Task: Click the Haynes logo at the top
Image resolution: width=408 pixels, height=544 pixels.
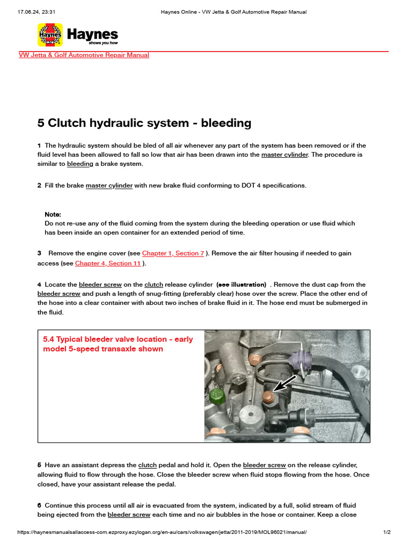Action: pyautogui.click(x=78, y=35)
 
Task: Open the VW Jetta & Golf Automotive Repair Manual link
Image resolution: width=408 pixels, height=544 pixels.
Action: pyautogui.click(x=84, y=55)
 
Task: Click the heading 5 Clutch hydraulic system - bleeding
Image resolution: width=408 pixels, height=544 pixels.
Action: pyautogui.click(x=144, y=123)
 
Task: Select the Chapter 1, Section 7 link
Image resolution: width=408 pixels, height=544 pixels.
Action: pyautogui.click(x=173, y=254)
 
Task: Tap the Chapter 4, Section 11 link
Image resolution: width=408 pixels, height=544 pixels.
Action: pyautogui.click(x=108, y=263)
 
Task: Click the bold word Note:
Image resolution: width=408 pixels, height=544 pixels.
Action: pyautogui.click(x=53, y=214)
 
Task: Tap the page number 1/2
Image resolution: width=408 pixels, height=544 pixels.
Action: pyautogui.click(x=387, y=532)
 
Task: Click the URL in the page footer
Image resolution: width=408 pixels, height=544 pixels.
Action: pyautogui.click(x=162, y=532)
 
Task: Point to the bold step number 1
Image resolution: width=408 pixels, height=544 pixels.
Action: pyautogui.click(x=39, y=146)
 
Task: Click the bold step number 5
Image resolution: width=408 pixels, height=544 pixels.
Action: pyautogui.click(x=39, y=465)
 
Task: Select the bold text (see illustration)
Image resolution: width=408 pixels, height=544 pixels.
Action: pyautogui.click(x=241, y=285)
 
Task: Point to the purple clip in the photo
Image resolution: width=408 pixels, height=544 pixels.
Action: pyautogui.click(x=299, y=360)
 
